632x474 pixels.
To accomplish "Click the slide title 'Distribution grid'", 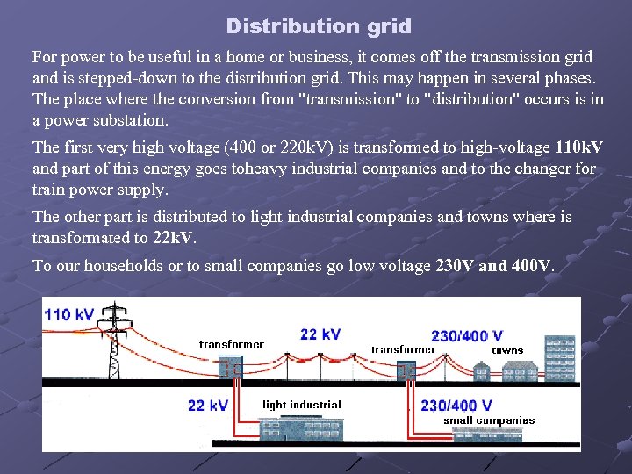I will (x=318, y=26).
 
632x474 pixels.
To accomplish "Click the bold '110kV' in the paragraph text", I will (x=579, y=147).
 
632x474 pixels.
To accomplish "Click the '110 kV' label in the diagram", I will (x=70, y=314).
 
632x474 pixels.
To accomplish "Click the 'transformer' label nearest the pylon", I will (x=231, y=344).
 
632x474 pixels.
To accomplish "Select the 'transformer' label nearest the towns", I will (x=403, y=349).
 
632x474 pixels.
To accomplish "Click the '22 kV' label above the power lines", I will (x=320, y=334).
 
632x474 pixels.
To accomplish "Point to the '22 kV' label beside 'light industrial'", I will (x=208, y=406).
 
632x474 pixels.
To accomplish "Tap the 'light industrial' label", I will (x=302, y=405).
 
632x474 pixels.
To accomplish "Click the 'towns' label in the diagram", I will (x=507, y=350).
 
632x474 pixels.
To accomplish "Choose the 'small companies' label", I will (x=489, y=420).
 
